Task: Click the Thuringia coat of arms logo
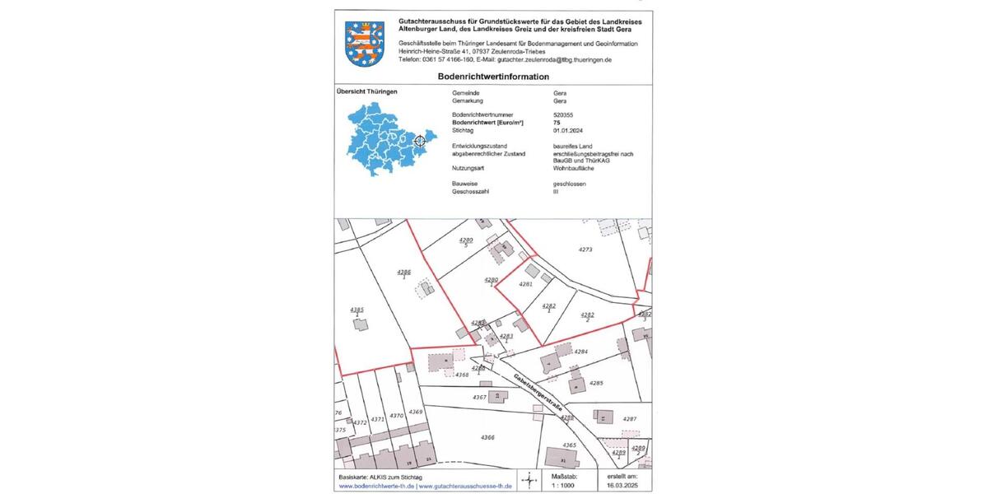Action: tap(364, 44)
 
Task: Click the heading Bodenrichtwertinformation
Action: tap(493, 77)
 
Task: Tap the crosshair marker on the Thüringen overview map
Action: tap(419, 141)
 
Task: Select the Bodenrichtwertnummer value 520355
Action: tap(566, 114)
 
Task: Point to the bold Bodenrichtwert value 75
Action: tap(557, 122)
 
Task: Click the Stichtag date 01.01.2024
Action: tap(568, 130)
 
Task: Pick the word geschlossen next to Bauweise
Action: tap(570, 184)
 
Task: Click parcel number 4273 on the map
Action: tap(585, 249)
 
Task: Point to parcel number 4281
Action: tap(526, 284)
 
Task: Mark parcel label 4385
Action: tap(357, 310)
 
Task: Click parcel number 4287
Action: tap(630, 419)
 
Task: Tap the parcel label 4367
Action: tap(480, 397)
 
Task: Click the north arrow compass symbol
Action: tap(528, 480)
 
